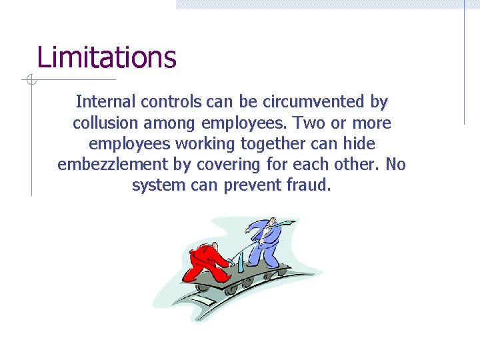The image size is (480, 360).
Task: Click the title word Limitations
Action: click(107, 57)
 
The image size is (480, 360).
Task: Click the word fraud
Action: click(308, 185)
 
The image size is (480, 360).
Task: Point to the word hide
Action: click(361, 144)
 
